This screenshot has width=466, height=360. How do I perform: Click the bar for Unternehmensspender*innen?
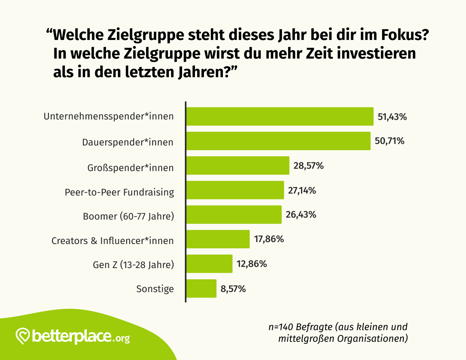coord(280,116)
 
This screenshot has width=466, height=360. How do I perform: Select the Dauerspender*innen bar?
coord(278,141)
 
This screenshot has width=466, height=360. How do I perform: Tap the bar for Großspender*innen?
coord(238,166)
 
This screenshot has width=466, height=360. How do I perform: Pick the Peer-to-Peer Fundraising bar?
coord(235,190)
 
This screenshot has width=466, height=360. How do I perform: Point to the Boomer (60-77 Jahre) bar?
coord(234,215)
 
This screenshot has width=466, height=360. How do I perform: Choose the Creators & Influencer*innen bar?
coord(218,239)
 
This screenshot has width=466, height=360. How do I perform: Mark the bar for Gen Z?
coord(209,264)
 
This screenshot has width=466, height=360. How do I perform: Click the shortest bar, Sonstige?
coord(201,288)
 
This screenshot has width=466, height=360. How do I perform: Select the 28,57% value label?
coord(308,166)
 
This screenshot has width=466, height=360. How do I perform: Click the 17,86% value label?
coord(269,239)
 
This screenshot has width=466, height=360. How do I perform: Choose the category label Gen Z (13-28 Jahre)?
coord(133,265)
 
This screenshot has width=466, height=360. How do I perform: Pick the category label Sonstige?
coord(155,289)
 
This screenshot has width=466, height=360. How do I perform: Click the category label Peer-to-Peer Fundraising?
coord(119,192)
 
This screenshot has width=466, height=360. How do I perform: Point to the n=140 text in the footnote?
coord(280,326)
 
